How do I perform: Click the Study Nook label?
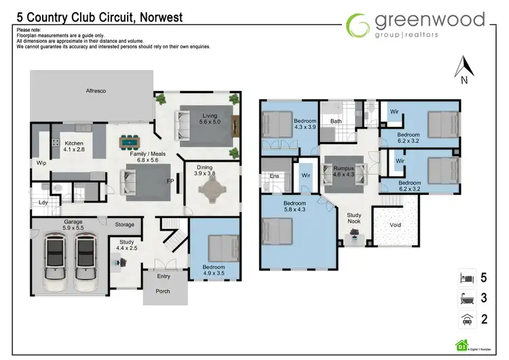pyautogui.click(x=355, y=219)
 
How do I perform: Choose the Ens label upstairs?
pyautogui.click(x=276, y=177)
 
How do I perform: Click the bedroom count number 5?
pyautogui.click(x=484, y=278)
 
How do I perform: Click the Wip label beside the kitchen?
pyautogui.click(x=41, y=163)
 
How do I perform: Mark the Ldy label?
pyautogui.click(x=43, y=202)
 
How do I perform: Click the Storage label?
pyautogui.click(x=124, y=225)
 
